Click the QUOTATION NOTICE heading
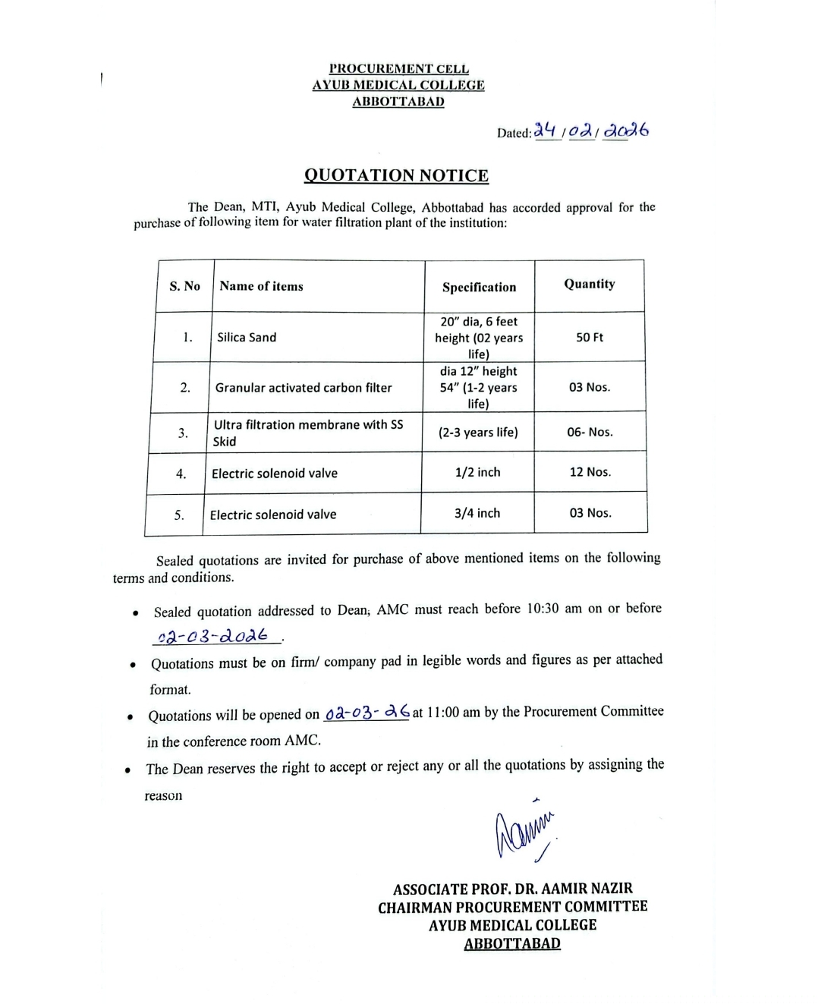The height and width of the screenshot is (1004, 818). coord(396,175)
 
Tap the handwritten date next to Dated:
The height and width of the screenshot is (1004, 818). coord(591,131)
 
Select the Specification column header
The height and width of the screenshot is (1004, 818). coord(479,287)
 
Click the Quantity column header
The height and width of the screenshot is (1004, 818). coord(589,284)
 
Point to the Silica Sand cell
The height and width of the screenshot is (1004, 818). coord(247,337)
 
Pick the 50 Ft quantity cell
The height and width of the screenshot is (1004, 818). coord(589,337)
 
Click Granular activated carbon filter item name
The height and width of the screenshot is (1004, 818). coord(304,388)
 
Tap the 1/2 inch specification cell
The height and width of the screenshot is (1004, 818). coord(477,472)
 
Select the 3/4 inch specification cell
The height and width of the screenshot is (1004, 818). coord(477,513)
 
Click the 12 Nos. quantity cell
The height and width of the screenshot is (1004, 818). coord(590,472)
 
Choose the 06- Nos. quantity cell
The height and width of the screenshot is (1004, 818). coord(590,432)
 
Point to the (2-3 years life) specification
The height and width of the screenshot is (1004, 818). coord(478,432)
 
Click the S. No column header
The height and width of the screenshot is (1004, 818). coord(184,286)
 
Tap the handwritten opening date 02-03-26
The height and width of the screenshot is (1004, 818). coord(367,713)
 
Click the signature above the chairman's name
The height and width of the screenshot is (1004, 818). coord(524,833)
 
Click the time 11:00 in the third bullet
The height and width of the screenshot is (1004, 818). coord(443,713)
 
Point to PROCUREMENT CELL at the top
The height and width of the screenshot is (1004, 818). coord(399,69)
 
